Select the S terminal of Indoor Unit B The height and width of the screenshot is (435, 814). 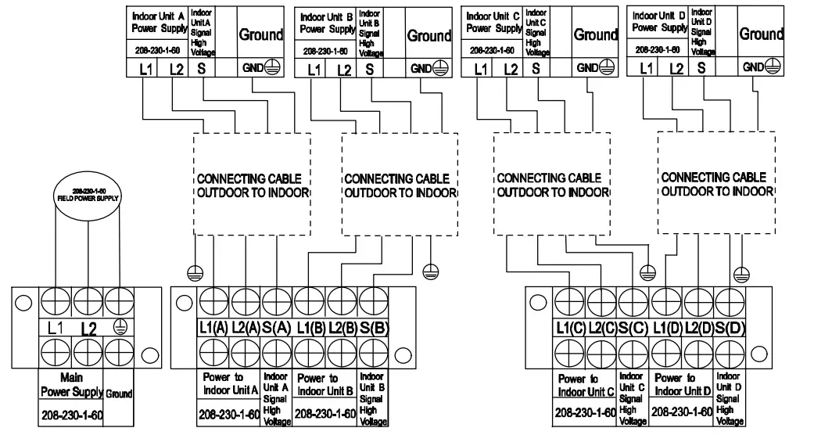pyautogui.click(x=369, y=70)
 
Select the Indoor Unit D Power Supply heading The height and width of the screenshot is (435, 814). pyautogui.click(x=658, y=22)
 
